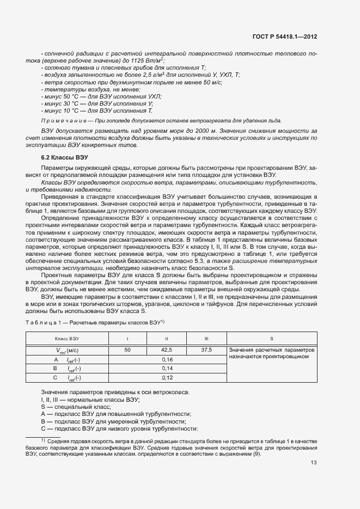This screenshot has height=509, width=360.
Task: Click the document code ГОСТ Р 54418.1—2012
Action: coord(285,37)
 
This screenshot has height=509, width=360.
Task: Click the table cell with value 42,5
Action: coord(167,350)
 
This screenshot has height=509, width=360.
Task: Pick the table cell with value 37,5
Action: coord(206,350)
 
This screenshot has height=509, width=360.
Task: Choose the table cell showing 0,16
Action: coord(167,360)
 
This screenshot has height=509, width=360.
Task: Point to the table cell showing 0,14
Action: coord(167,369)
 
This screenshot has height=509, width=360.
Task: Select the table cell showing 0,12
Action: coord(167,378)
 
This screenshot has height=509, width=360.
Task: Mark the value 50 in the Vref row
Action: coord(127,350)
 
